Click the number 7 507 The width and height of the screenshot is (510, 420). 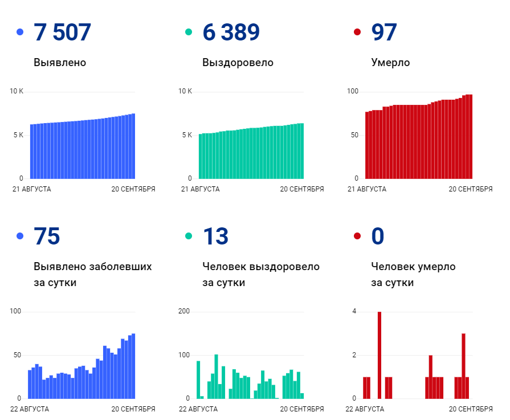(62, 32)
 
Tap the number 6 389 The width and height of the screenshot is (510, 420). (231, 32)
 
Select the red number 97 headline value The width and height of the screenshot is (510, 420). (383, 32)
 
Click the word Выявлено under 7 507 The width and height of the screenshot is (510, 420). (60, 63)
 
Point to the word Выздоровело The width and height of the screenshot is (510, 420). (238, 63)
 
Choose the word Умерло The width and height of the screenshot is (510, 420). (390, 63)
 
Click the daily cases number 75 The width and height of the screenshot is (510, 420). (47, 236)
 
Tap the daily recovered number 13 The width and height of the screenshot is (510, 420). (215, 236)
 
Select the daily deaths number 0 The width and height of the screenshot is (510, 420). (378, 236)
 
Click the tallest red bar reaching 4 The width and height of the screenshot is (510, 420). (380, 354)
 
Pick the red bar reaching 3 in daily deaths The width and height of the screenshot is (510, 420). (463, 365)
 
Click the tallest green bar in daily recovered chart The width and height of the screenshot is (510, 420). (216, 376)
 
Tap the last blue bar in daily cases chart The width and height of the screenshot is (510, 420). (133, 366)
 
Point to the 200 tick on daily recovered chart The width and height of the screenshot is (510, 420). (185, 311)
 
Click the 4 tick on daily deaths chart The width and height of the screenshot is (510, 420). (354, 311)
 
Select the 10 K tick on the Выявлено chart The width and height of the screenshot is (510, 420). (17, 91)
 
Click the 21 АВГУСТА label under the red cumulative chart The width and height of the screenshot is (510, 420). (366, 189)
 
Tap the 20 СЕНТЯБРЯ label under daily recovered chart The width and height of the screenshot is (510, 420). (301, 409)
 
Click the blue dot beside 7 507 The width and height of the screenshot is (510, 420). (21, 32)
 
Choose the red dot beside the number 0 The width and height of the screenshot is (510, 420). (358, 236)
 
